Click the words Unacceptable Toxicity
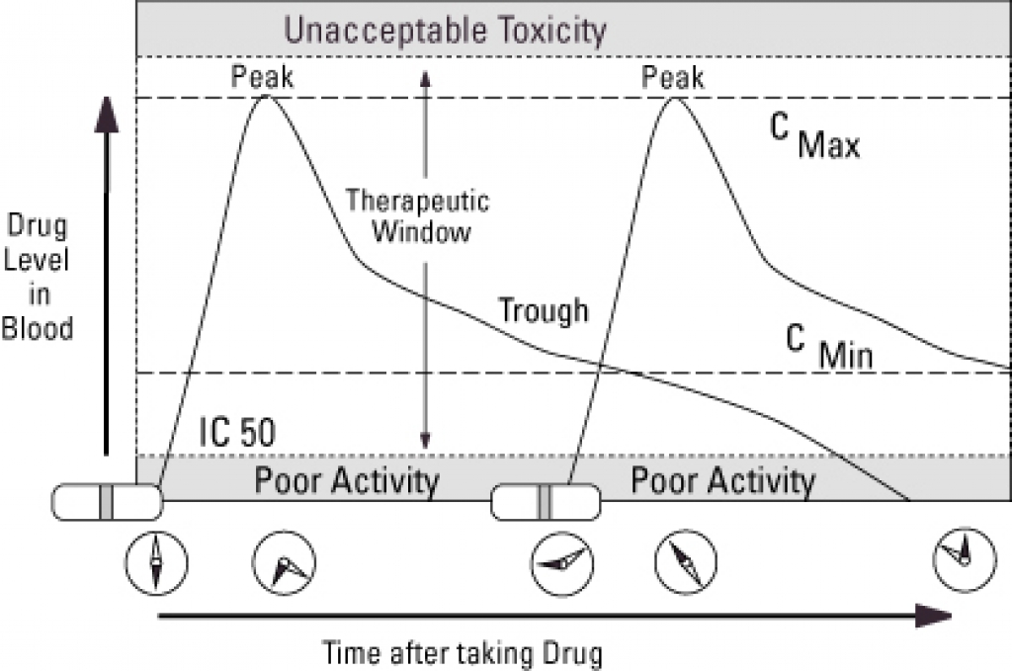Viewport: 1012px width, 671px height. coord(446,31)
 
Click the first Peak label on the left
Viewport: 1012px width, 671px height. coord(262,77)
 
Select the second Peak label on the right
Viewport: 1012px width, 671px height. coord(672,77)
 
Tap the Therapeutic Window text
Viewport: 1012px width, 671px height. coord(418,216)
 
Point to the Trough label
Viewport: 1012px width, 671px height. coord(544,310)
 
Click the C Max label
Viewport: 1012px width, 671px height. coord(814,135)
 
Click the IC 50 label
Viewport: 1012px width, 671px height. coord(237,432)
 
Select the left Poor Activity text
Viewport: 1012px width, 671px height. coord(347,480)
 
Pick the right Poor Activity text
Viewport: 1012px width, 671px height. coord(722,480)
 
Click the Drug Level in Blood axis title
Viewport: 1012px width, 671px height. coord(37,278)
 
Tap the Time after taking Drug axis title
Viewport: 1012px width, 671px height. coord(463,652)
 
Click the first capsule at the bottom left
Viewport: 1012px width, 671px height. coord(107,502)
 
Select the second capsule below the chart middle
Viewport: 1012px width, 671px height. coord(546,502)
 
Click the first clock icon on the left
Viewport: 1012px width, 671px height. coord(156,562)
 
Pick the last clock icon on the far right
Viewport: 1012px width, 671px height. coord(965,559)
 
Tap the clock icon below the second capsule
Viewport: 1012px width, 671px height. coord(561,563)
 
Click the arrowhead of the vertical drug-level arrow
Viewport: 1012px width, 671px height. coord(107,114)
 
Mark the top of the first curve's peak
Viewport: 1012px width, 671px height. coord(265,96)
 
